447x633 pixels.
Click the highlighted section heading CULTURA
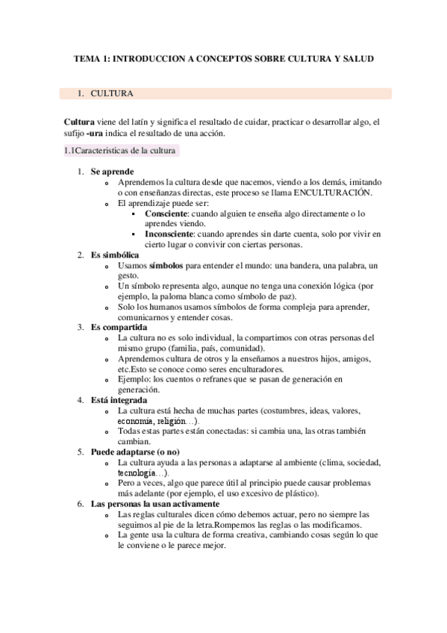[x=112, y=95]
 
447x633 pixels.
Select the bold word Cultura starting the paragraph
[x=79, y=122]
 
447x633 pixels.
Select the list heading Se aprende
[x=113, y=172]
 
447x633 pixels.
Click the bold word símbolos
[x=169, y=265]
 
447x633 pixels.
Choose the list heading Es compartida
[x=119, y=326]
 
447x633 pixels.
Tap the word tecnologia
[x=137, y=473]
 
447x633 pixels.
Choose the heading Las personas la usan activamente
[x=154, y=504]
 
